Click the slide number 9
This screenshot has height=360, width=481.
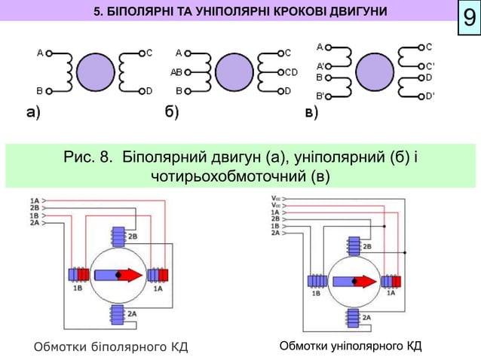point(468,18)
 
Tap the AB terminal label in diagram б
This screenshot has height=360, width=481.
point(177,72)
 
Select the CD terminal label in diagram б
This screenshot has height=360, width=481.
point(292,72)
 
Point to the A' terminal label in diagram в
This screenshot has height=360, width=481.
point(320,66)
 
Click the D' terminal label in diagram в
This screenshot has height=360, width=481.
point(430,96)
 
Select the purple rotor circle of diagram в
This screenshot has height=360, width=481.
point(375,72)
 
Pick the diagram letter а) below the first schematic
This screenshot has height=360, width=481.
point(32,114)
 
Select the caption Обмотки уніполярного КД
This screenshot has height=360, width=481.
point(350,346)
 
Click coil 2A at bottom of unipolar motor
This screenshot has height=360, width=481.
point(354,318)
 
